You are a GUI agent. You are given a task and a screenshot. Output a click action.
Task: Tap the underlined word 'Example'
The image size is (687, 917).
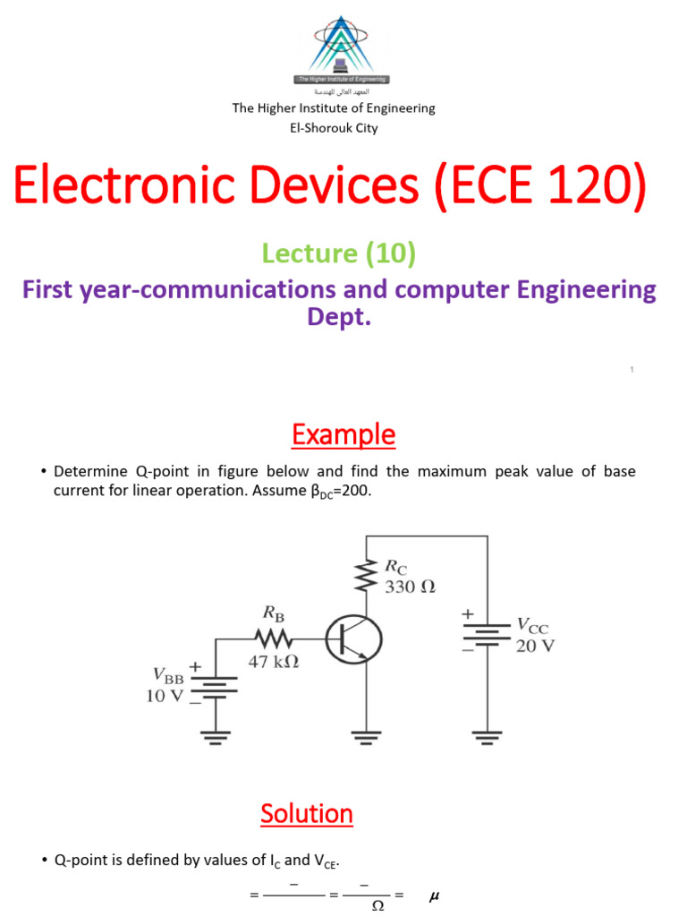tap(343, 435)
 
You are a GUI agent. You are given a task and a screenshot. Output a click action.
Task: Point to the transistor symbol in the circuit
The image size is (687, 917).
tap(354, 639)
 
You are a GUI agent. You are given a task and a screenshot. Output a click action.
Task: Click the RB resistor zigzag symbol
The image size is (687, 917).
tap(273, 638)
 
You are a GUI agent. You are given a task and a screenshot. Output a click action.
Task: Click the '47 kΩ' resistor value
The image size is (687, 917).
tap(273, 664)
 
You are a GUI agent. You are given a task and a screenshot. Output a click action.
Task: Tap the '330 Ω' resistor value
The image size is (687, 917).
tap(409, 588)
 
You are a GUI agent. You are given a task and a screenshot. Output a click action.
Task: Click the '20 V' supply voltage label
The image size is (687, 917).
tap(535, 646)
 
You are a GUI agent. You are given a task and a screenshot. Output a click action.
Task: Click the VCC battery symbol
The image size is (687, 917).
tap(487, 634)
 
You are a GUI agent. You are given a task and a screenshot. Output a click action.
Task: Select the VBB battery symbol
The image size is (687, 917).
tap(216, 685)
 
